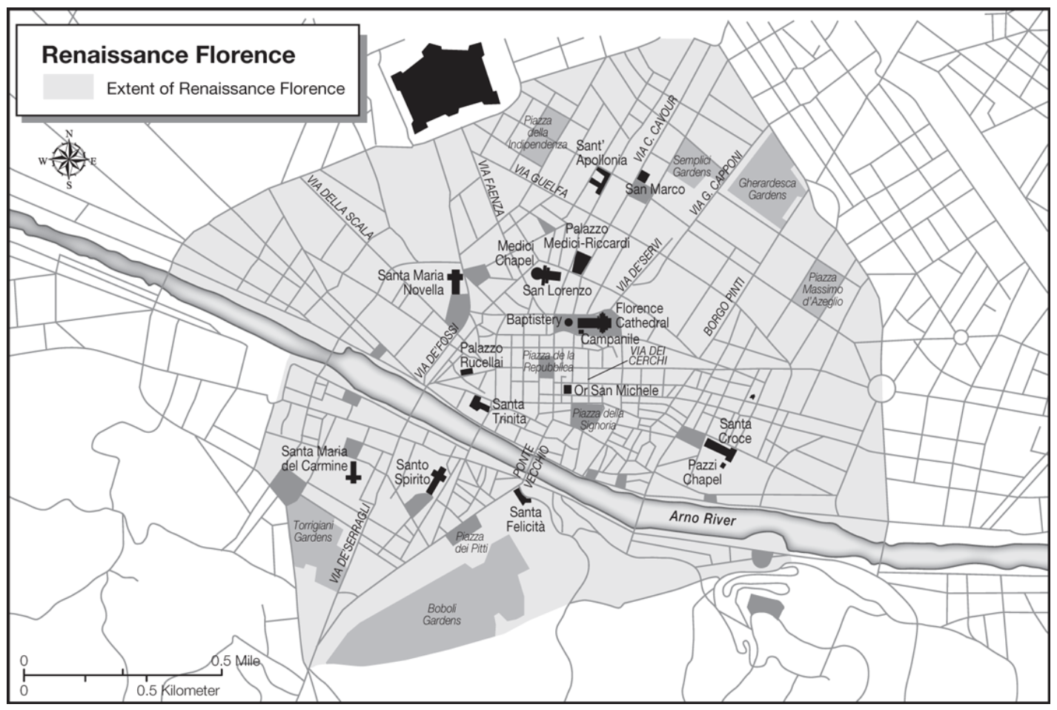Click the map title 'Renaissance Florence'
168,55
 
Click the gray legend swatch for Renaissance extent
68,87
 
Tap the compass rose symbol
69,159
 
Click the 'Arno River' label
703,517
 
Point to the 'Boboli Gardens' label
442,614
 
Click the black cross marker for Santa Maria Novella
455,282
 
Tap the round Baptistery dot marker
568,322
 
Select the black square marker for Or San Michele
567,390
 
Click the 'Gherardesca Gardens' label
766,189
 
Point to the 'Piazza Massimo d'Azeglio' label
822,290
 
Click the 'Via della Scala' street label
339,208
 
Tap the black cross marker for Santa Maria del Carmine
354,472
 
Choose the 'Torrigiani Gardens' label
313,531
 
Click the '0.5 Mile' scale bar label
236,660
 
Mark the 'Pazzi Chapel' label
702,472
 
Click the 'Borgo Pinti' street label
724,307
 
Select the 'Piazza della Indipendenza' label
537,133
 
